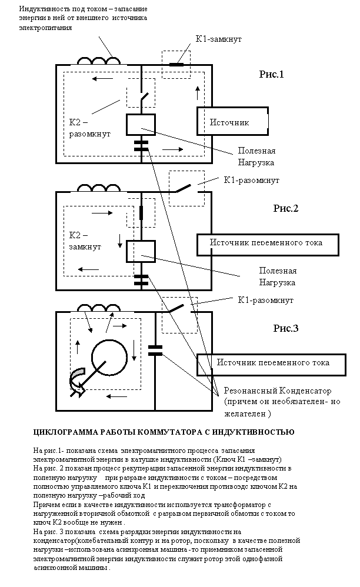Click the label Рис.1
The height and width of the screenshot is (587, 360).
(x=271, y=74)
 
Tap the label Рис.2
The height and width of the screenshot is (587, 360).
(x=285, y=208)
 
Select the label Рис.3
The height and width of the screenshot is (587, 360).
(x=285, y=328)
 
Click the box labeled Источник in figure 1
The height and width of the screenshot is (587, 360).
(x=232, y=121)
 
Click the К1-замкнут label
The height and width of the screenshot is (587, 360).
(x=219, y=39)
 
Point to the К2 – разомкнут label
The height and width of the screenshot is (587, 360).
(x=90, y=128)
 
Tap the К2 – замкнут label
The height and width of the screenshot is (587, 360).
(x=85, y=241)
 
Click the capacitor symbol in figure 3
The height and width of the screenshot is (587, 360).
(x=155, y=351)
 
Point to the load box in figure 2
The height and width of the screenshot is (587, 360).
(x=141, y=252)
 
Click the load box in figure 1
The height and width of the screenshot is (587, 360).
(x=141, y=125)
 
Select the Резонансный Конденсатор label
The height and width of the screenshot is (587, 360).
(x=278, y=391)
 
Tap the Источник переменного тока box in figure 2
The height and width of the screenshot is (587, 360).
(x=268, y=245)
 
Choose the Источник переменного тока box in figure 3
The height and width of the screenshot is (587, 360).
(x=271, y=365)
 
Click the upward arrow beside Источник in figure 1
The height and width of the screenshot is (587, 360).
(x=198, y=92)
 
